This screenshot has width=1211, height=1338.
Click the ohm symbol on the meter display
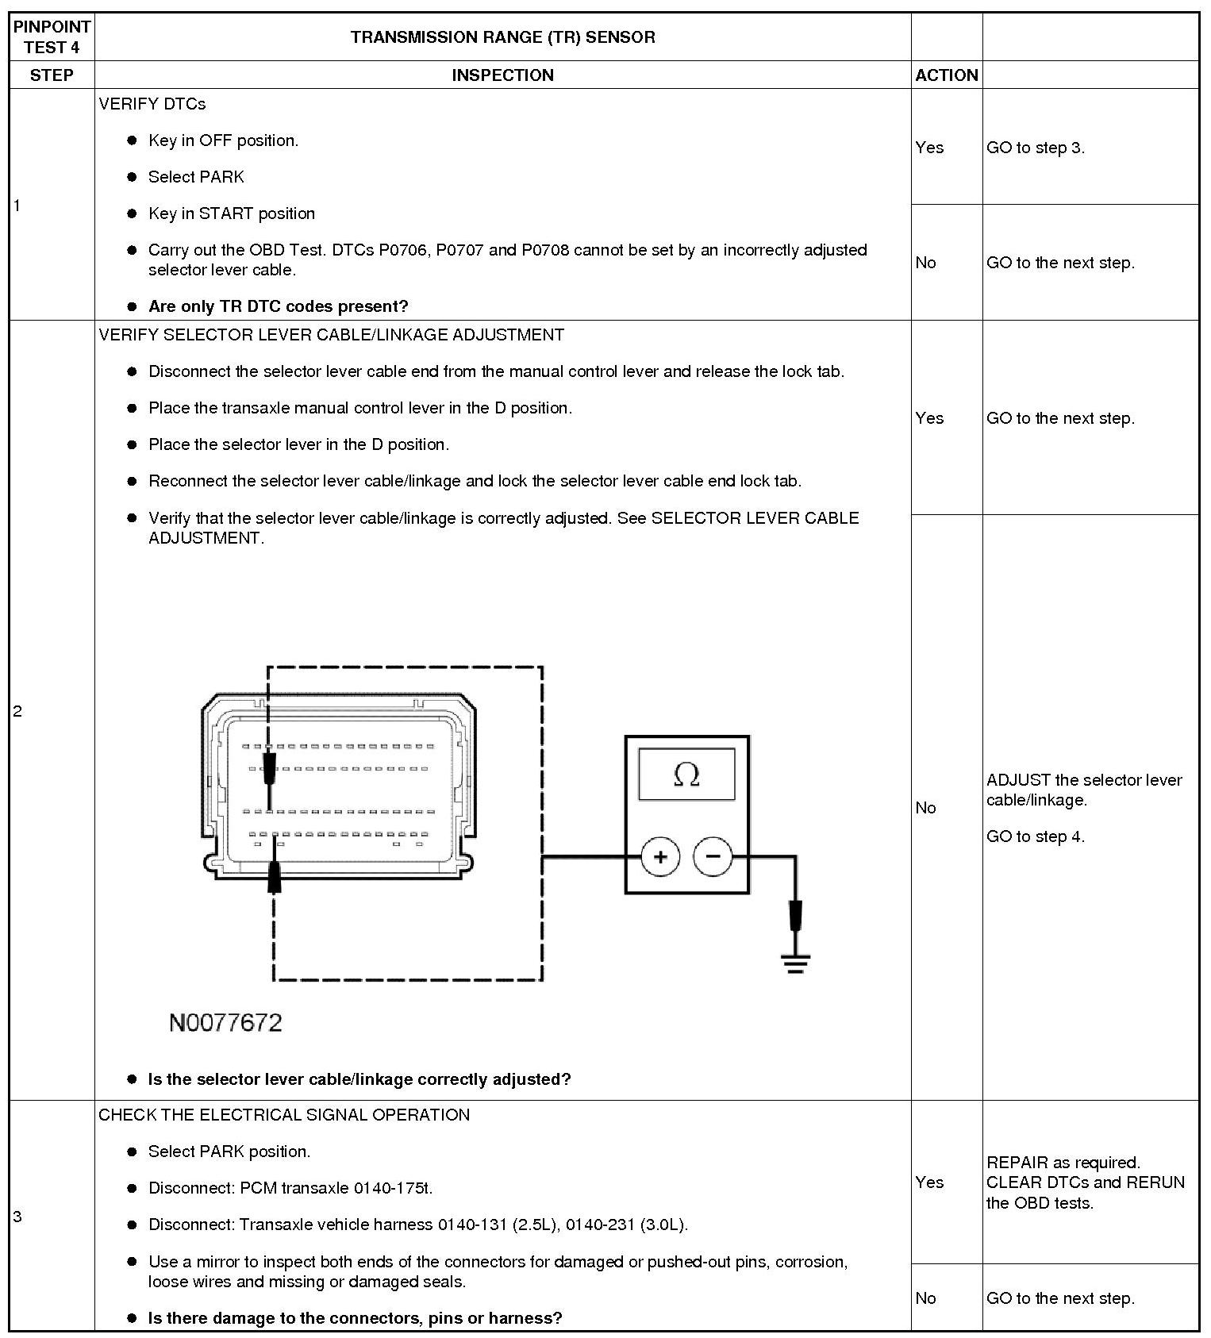tap(686, 775)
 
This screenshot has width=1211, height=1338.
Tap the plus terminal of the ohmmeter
tap(660, 857)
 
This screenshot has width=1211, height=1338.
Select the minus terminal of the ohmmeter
tap(713, 856)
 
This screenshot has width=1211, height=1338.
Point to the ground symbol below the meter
tap(794, 963)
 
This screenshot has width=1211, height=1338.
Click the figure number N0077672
tap(225, 1022)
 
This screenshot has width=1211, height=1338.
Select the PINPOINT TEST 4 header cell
tap(52, 37)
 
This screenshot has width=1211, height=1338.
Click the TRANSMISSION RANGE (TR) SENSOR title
tap(502, 37)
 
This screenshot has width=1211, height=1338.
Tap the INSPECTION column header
tap(502, 75)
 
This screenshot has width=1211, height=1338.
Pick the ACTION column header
tap(946, 75)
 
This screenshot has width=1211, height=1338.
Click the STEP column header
tap(52, 75)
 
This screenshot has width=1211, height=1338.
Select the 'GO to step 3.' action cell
tap(1035, 148)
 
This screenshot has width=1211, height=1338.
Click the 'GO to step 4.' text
tap(1035, 836)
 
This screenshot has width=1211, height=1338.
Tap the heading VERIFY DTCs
tap(152, 104)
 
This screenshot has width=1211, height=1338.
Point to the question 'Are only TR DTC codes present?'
tap(278, 306)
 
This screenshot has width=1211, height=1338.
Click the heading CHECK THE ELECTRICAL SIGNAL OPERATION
tap(284, 1115)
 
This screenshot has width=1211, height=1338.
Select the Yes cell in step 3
tap(929, 1182)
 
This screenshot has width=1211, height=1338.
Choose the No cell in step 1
tap(925, 263)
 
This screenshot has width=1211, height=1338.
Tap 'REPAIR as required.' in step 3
tap(1063, 1163)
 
